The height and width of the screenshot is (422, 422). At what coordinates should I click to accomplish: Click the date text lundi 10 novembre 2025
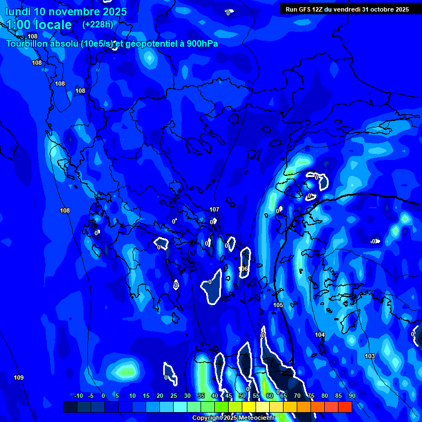[66, 12]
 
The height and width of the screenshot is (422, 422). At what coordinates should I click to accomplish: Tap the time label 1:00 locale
[39, 25]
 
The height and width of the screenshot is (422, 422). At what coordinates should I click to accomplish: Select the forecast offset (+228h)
[98, 24]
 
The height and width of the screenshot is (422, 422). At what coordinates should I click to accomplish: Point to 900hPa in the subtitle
[200, 44]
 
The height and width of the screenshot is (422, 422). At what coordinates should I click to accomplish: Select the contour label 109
[19, 377]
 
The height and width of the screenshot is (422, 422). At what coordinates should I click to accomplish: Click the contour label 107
[214, 209]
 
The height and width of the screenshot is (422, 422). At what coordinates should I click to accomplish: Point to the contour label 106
[243, 269]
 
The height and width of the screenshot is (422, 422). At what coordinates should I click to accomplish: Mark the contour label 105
[278, 305]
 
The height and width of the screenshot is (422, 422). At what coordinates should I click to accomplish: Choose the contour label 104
[320, 335]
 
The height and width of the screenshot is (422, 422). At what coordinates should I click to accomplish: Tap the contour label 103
[370, 357]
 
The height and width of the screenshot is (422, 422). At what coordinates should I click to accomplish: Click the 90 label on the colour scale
[352, 396]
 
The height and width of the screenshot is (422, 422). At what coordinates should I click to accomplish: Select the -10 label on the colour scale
[78, 396]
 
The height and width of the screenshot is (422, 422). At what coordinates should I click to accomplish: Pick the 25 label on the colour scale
[174, 396]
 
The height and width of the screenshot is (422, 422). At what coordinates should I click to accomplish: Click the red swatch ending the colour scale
[345, 407]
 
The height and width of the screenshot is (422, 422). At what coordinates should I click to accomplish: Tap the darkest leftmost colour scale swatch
[70, 407]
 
